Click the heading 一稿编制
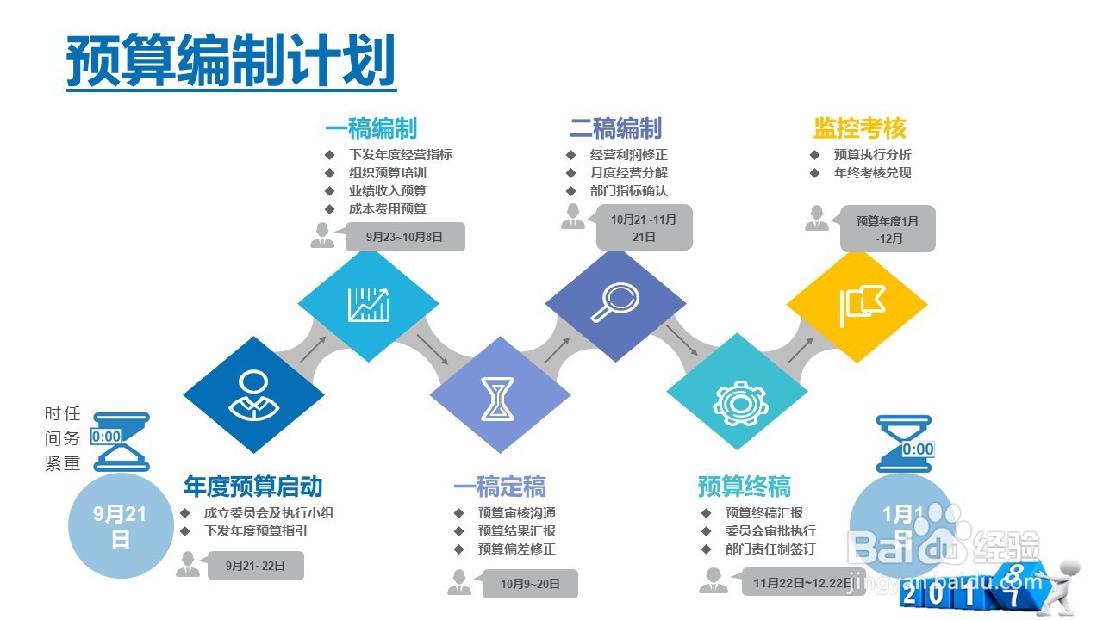(371, 129)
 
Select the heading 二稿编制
(615, 129)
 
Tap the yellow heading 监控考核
(859, 129)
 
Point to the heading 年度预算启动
(252, 487)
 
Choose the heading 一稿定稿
(500, 487)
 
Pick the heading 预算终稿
(744, 487)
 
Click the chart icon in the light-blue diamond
(368, 303)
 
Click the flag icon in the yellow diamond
(859, 303)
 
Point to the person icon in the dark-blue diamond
(252, 395)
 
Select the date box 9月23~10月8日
(404, 237)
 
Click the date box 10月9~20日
(530, 585)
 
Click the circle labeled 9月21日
(121, 526)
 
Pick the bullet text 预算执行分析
(872, 155)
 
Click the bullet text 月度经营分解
(628, 173)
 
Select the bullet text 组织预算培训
(387, 173)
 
